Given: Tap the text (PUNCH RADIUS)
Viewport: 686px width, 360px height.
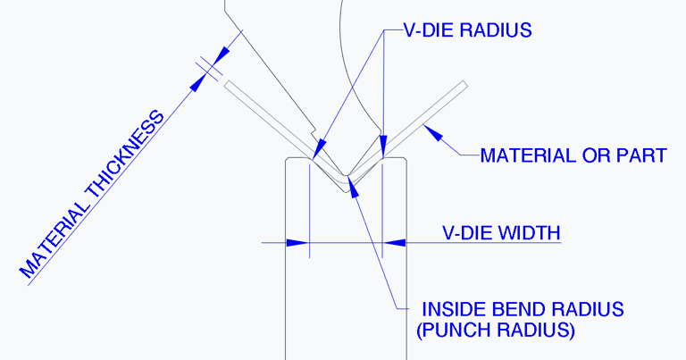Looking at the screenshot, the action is (495, 330).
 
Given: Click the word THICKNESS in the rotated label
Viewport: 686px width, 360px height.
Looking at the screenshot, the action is (126, 155).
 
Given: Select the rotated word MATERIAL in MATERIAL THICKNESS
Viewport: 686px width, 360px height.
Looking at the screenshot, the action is (54, 239).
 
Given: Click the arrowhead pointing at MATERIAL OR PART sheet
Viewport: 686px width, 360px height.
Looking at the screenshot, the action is (432, 132).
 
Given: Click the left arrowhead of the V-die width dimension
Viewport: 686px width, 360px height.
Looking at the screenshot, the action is (297, 242).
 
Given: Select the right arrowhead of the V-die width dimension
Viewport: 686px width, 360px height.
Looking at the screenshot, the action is (394, 242).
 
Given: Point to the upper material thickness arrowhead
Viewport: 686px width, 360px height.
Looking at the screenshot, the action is (222, 54).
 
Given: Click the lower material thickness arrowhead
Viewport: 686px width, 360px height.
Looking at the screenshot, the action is (198, 83).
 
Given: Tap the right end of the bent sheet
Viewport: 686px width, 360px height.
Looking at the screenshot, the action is (465, 85).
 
